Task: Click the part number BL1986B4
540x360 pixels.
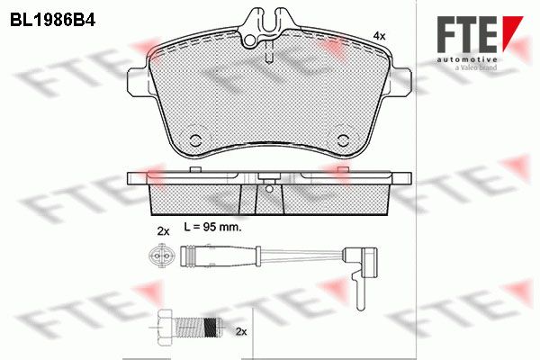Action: point(52,21)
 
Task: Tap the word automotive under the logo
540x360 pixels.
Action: point(467,60)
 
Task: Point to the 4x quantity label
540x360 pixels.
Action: point(379,35)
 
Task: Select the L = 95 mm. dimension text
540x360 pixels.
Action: point(212,227)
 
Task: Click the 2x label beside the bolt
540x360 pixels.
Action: point(241,332)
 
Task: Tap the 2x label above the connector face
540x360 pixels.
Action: point(163,231)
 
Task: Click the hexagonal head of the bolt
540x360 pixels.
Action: point(166,326)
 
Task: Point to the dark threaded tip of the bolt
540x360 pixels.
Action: point(211,327)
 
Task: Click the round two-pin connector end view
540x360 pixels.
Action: point(157,256)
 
